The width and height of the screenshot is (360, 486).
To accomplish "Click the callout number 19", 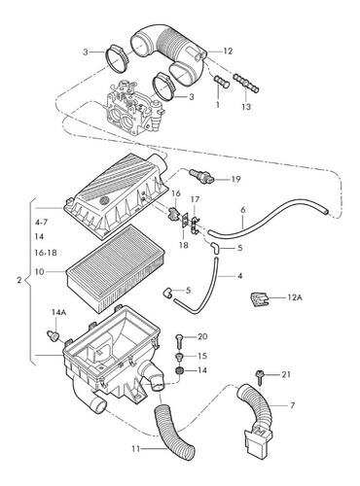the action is click(235, 179).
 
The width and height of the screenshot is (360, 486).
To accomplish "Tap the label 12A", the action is click(295, 297).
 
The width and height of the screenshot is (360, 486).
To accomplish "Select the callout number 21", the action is click(286, 374).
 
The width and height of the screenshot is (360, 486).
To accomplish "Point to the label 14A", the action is click(59, 312).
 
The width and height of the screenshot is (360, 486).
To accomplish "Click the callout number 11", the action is click(136, 449).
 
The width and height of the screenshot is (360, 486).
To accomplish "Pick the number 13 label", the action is click(246, 107).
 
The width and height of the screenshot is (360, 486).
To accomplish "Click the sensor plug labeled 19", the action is click(201, 175).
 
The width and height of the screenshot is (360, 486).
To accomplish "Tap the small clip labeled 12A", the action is click(260, 299).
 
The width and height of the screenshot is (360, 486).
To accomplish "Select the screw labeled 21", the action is click(260, 377).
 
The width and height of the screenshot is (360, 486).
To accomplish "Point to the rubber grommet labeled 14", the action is click(179, 370).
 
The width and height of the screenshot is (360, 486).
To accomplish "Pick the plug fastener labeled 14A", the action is click(53, 335).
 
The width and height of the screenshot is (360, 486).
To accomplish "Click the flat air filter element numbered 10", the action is click(117, 268).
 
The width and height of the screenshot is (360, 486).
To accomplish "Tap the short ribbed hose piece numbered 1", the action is click(222, 81).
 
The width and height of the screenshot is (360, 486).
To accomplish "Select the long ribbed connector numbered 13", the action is click(246, 84).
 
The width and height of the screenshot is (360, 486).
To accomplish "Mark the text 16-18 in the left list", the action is click(46, 253).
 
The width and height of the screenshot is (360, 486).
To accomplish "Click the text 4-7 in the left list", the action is click(41, 223).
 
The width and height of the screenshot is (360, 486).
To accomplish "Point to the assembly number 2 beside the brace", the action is click(19, 280).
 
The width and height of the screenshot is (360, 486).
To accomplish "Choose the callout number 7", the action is click(293, 405).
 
